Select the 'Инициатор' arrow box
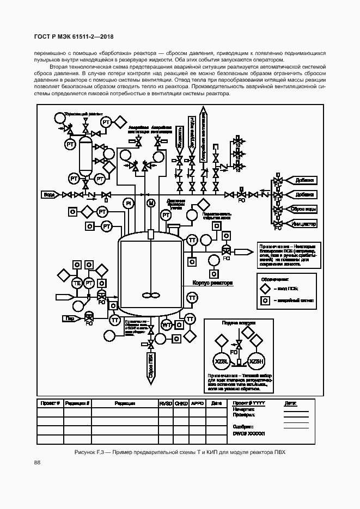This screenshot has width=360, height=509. point(303,224)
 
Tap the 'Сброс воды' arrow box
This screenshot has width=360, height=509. point(302,209)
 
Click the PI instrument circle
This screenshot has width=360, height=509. point(129,203)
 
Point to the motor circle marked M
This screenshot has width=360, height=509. point(151,203)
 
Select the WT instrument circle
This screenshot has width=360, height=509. point(167,325)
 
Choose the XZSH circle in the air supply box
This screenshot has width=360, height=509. point(256,362)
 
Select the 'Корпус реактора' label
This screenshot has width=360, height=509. point(212,283)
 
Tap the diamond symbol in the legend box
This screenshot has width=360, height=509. point(265,289)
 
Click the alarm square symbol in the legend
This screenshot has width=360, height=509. point(265,301)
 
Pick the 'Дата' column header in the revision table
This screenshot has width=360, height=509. point(216,403)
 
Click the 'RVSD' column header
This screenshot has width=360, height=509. point(166,403)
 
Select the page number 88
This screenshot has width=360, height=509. point(37,462)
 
